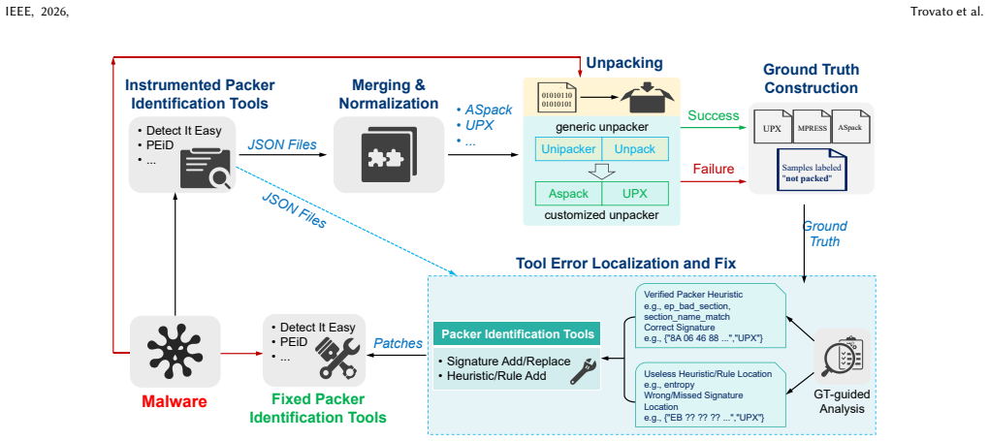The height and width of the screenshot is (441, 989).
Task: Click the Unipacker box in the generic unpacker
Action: [568, 149]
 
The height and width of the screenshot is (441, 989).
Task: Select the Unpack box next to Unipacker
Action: [635, 149]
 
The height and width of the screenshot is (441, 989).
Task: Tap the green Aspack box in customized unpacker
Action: [568, 194]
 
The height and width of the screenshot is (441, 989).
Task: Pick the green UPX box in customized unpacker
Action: [635, 194]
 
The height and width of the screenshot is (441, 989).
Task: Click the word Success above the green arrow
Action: [714, 116]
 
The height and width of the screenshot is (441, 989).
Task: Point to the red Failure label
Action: [714, 169]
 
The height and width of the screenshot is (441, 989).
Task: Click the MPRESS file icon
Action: [812, 126]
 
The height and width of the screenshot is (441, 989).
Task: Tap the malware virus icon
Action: [175, 350]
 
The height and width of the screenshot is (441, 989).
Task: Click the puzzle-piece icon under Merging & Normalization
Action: [389, 155]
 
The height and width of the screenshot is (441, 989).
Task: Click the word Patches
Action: [398, 344]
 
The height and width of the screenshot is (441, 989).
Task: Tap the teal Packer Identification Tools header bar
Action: [515, 333]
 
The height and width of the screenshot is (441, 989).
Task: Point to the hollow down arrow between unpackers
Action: [602, 171]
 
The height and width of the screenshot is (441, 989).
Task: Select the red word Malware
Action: [175, 400]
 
